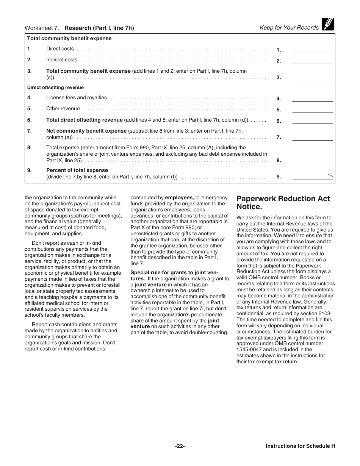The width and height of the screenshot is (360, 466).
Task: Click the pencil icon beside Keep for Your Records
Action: pos(328,25)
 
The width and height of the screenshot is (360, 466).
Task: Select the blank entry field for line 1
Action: pos(312,49)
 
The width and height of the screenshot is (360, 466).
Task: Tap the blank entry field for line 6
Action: pos(312,121)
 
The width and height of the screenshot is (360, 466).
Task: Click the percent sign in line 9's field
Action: pos(330,175)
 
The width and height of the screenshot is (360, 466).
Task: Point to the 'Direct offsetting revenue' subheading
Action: pos(55,88)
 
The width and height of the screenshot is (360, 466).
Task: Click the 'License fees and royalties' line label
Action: pos(77,98)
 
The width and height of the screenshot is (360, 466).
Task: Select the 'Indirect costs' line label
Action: pos(61,60)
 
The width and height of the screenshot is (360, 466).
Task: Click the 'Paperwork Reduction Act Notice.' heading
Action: pos(283,203)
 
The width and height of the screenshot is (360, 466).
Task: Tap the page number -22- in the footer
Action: pos(180,446)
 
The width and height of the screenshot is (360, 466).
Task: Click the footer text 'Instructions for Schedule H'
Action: pos(300,446)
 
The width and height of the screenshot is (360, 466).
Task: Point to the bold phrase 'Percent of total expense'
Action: pos(77,170)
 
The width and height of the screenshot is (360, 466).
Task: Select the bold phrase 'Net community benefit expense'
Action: pos(86,131)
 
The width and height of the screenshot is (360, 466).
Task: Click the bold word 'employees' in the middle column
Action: pos(179,198)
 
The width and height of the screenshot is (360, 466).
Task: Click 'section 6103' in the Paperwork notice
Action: pos(318,314)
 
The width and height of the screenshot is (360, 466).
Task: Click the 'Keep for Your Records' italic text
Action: pos(289,28)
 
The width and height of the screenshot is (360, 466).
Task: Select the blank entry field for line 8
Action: pos(312,160)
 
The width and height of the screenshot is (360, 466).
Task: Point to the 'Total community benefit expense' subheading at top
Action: pos(69,39)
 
